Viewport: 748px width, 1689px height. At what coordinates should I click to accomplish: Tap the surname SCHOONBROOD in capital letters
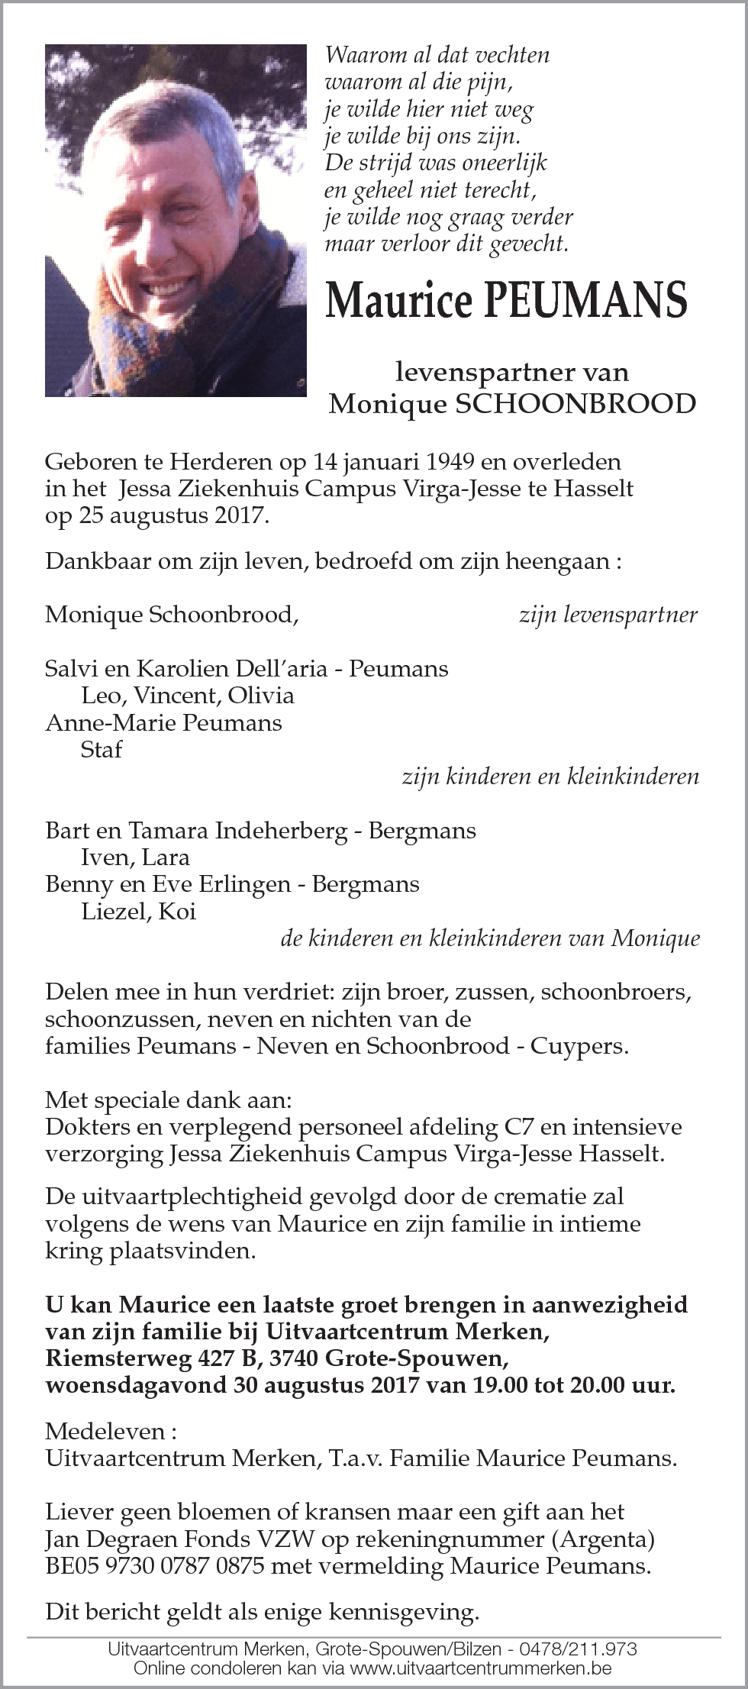pos(576,403)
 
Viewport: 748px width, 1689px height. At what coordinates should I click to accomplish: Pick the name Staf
pos(101,749)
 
